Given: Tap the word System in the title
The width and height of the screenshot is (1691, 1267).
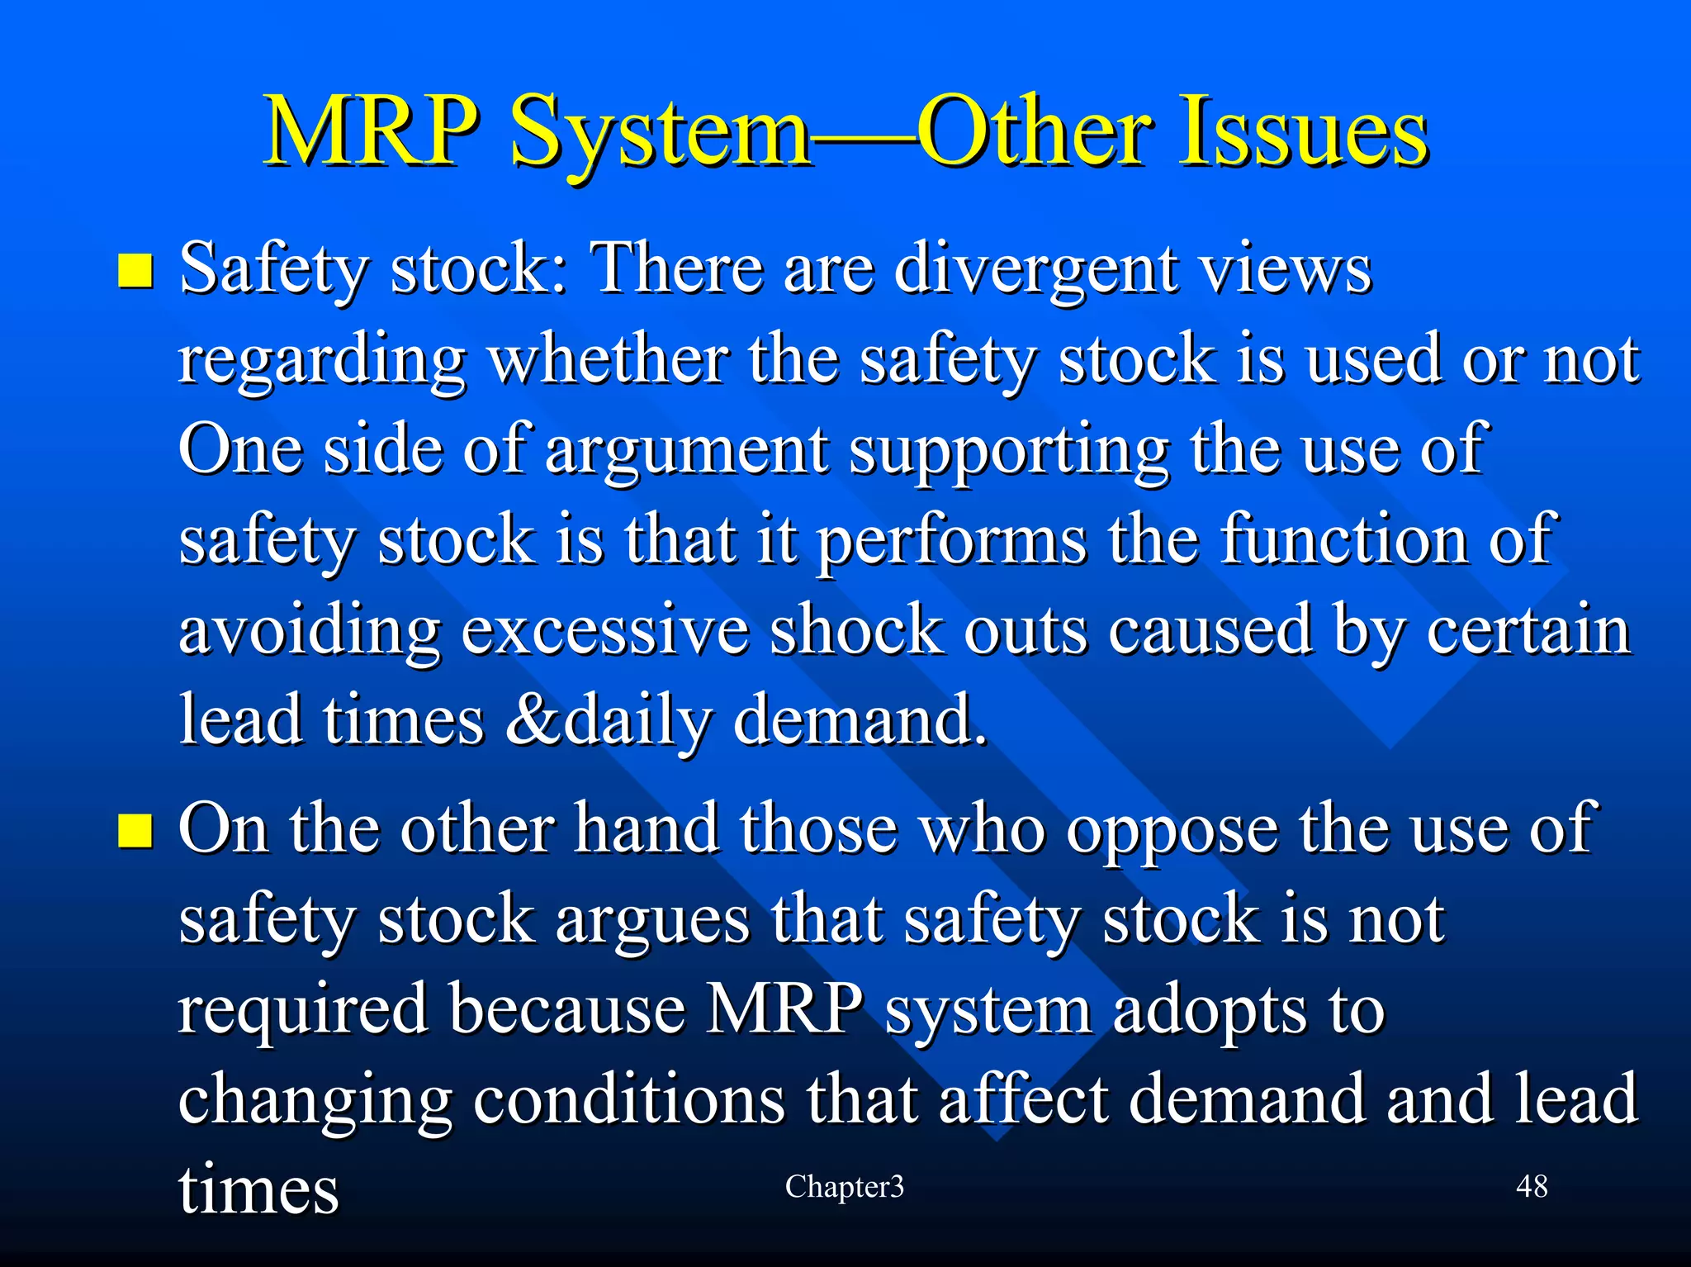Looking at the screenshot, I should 661,132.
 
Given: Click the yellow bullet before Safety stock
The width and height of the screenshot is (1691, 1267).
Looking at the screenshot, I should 135,271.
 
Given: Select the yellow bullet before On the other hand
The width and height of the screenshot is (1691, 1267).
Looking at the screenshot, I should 135,831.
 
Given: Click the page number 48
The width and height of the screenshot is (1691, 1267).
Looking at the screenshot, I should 1532,1187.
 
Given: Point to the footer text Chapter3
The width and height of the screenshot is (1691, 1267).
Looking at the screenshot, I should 844,1187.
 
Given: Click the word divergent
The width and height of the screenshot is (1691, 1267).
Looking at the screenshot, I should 1036,271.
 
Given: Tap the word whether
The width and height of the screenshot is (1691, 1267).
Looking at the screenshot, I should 609,361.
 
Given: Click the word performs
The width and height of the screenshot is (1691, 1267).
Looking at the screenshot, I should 952,541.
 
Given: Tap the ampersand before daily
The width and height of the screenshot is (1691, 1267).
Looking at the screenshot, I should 533,720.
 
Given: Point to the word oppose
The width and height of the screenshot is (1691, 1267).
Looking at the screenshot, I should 1172,831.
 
